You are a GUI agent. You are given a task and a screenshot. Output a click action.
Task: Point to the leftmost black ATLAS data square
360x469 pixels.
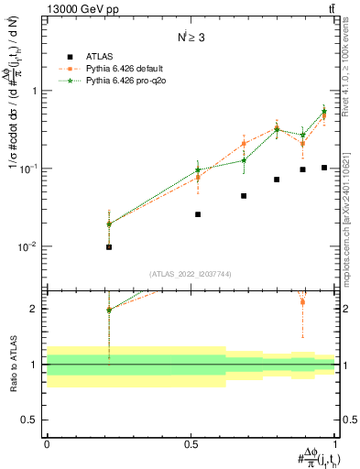click(x=109, y=247)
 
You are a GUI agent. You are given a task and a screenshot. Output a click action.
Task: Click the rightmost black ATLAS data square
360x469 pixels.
click(x=324, y=168)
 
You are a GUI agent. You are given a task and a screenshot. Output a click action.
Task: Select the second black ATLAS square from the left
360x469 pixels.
click(x=198, y=214)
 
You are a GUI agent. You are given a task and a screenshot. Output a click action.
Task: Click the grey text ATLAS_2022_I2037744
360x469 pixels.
click(x=190, y=274)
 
